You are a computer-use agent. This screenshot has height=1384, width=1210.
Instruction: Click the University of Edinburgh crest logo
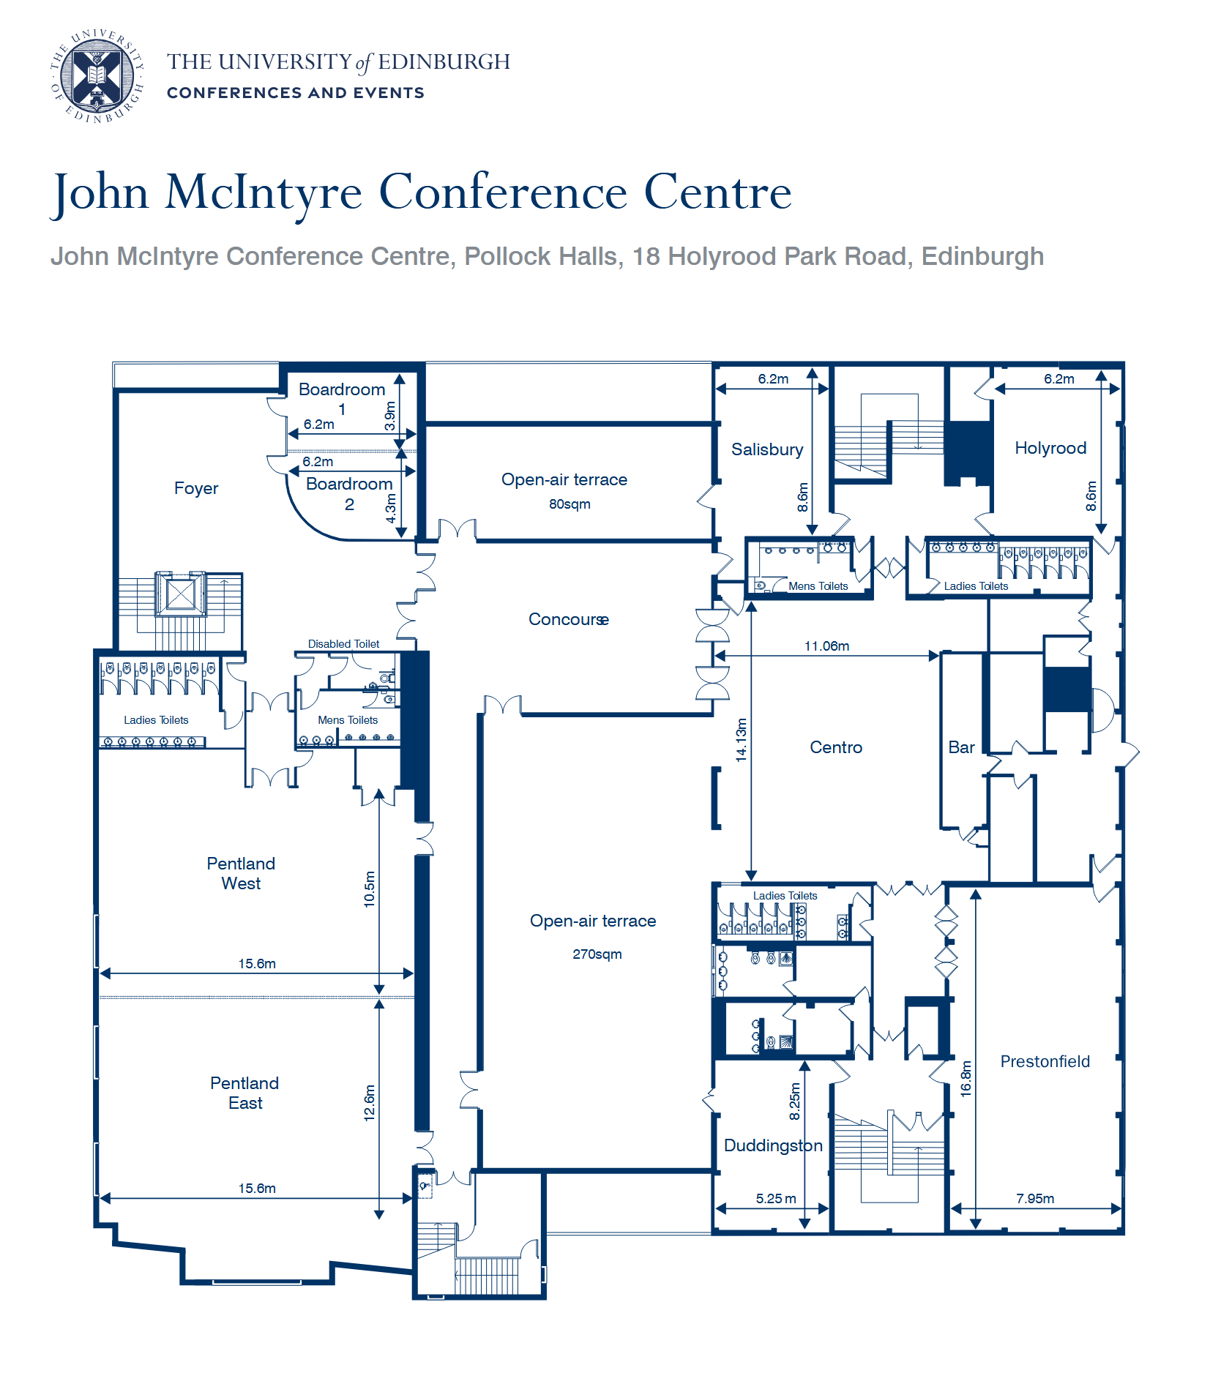tap(97, 76)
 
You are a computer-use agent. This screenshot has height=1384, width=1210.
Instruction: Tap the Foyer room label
tap(195, 488)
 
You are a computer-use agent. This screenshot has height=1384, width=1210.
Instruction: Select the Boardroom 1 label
tap(342, 398)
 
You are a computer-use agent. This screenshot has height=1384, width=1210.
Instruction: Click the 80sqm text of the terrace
tap(569, 504)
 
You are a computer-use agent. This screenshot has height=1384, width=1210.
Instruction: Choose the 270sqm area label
tap(597, 954)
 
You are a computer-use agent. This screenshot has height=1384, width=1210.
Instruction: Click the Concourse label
tap(568, 620)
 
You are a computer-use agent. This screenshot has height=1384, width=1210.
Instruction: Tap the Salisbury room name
tap(766, 449)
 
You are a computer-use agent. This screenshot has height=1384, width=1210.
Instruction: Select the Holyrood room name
tap(1050, 448)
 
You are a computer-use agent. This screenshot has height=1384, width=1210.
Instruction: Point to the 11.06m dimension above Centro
tap(826, 646)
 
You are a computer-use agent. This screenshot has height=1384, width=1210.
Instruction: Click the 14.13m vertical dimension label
tap(742, 740)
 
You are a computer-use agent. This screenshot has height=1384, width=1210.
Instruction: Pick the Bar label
tap(960, 747)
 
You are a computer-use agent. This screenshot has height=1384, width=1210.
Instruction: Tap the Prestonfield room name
tap(1045, 1061)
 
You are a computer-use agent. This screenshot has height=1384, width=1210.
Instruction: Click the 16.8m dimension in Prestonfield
tap(966, 1078)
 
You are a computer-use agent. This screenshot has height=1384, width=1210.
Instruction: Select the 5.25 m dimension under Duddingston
tap(775, 1199)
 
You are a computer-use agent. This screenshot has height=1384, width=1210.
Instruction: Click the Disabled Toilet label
tap(343, 644)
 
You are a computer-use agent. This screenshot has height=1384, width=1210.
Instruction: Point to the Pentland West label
tap(241, 873)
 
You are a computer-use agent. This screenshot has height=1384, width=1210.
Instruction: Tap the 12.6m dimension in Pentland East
tap(370, 1103)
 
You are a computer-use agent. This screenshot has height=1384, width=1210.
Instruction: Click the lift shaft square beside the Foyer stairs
tap(181, 594)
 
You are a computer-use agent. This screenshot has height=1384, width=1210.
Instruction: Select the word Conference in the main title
tap(503, 192)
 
